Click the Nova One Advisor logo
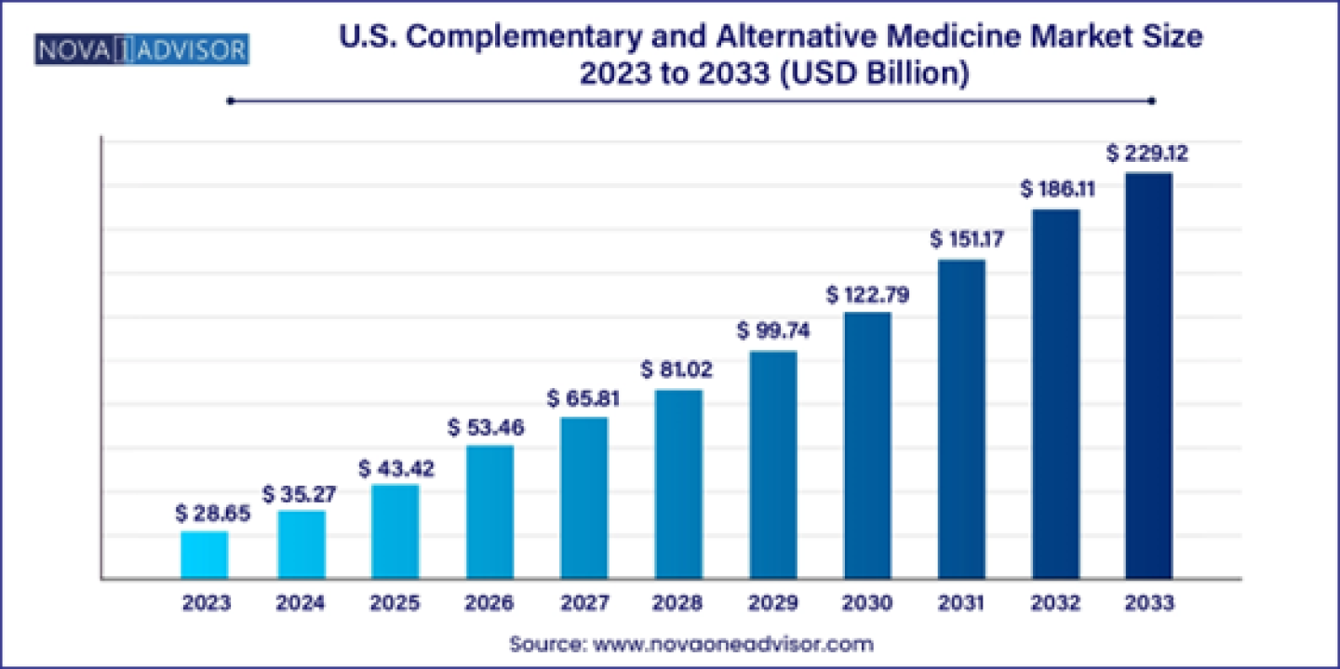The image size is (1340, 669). point(142,48)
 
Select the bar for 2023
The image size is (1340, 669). point(205,555)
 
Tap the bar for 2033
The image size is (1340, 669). point(1148,376)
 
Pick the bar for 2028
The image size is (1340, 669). point(678,484)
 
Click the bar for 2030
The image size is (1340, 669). point(867,446)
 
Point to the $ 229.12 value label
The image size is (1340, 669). point(1146,152)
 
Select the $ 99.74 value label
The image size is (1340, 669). point(773,330)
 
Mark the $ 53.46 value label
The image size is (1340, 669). point(486,427)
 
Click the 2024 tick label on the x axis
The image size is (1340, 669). point(300,603)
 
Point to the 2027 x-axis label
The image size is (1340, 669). point(583,603)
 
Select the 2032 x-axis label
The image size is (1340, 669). point(1054,603)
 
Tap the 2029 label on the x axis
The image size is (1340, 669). point(772,603)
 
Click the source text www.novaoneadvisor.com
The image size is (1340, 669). point(734,644)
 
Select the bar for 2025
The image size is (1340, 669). point(395,531)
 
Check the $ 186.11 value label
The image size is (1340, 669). point(1057,190)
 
